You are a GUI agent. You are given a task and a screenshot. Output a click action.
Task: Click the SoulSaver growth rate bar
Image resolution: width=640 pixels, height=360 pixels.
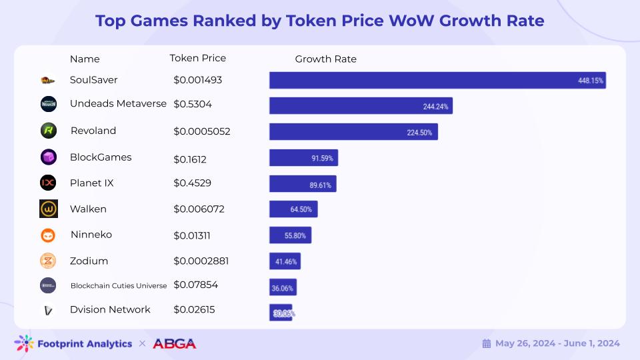pyautogui.click(x=437, y=80)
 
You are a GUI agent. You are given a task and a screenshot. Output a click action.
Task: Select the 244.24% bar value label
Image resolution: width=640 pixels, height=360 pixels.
pyautogui.click(x=436, y=106)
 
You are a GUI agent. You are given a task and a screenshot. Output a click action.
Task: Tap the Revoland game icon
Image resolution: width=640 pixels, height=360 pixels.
pyautogui.click(x=48, y=131)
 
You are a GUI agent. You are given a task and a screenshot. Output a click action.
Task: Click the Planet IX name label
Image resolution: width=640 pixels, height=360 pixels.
pyautogui.click(x=92, y=183)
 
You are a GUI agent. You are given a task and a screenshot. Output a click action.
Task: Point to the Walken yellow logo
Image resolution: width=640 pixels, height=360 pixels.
pyautogui.click(x=48, y=209)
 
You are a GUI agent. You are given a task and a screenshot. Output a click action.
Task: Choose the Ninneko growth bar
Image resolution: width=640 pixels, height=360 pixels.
pyautogui.click(x=290, y=235)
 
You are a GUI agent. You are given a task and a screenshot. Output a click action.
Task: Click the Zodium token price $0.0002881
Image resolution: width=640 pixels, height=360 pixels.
pyautogui.click(x=201, y=261)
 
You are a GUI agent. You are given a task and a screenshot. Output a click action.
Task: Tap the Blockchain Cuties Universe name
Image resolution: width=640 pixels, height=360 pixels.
pyautogui.click(x=119, y=286)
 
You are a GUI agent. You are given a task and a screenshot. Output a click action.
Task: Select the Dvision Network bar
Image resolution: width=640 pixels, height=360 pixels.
pyautogui.click(x=281, y=312)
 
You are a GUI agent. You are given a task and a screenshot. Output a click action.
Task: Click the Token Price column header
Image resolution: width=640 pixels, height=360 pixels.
pyautogui.click(x=198, y=58)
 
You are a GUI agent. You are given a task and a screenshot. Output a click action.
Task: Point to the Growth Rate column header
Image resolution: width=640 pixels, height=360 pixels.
pyautogui.click(x=325, y=59)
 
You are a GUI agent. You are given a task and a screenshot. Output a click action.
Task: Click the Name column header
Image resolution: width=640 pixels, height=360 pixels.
pyautogui.click(x=85, y=59)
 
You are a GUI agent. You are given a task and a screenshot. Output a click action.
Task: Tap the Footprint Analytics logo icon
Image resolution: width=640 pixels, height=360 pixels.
pyautogui.click(x=24, y=343)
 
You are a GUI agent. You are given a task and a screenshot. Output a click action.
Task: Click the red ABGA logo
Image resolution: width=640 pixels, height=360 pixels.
pyautogui.click(x=175, y=344)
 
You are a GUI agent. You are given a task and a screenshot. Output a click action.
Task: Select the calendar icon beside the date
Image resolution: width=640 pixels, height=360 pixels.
pyautogui.click(x=487, y=344)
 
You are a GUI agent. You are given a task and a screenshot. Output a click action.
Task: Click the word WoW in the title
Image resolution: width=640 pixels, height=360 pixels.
pyautogui.click(x=408, y=21)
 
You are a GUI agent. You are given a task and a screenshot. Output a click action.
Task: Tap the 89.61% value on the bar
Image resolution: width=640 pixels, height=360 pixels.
pyautogui.click(x=323, y=184)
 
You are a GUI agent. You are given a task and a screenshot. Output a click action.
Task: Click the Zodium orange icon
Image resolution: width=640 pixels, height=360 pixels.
pyautogui.click(x=48, y=261)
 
